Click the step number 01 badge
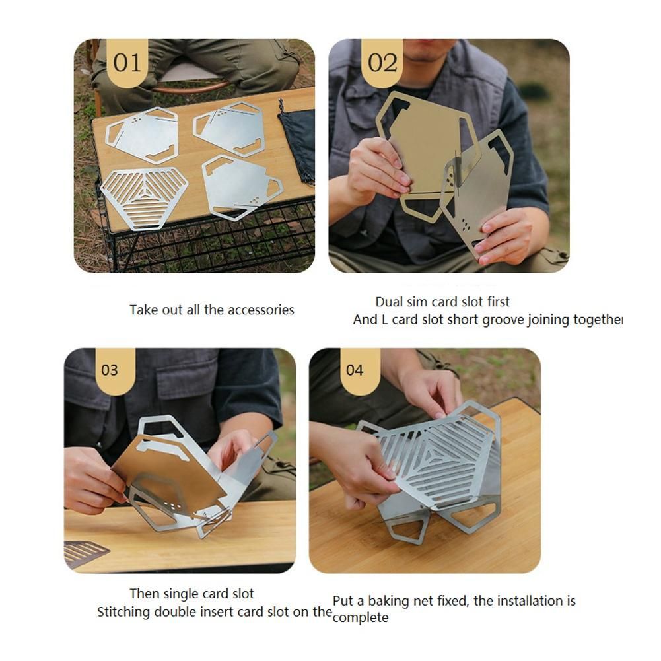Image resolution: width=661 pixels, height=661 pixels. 127,63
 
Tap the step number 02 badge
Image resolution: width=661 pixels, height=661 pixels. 382,63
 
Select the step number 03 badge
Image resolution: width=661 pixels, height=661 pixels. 110,371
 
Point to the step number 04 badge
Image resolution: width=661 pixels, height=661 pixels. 355,371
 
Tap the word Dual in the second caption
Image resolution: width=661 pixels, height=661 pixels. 390,302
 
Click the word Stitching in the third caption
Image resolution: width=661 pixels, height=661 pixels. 123,612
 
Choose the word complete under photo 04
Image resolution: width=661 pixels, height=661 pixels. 361,618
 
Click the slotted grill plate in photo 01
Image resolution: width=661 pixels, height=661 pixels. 144,198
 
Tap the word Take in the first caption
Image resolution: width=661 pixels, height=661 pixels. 143,310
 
